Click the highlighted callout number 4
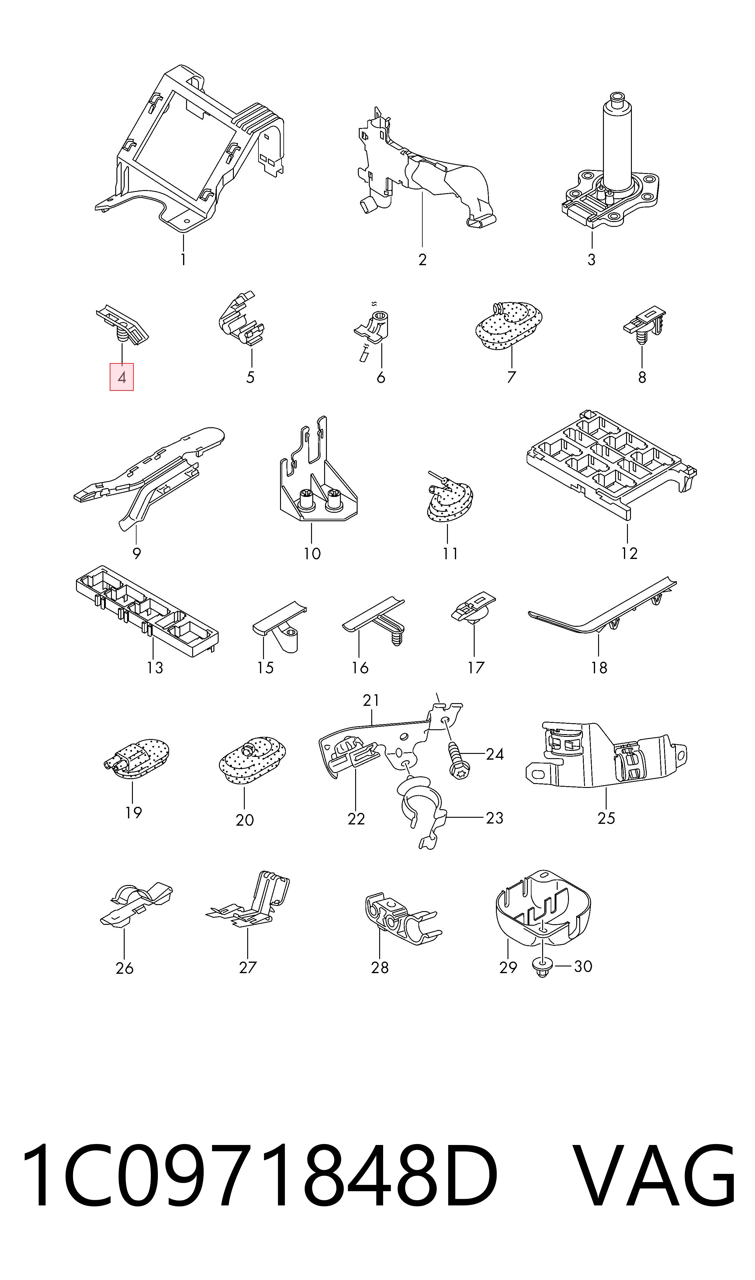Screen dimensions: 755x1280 (122, 377)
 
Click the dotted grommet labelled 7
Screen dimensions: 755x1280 (509, 326)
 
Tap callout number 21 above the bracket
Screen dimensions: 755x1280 (371, 701)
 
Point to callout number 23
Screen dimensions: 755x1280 (494, 817)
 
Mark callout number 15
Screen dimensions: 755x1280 (265, 668)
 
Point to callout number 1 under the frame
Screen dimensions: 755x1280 (183, 259)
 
